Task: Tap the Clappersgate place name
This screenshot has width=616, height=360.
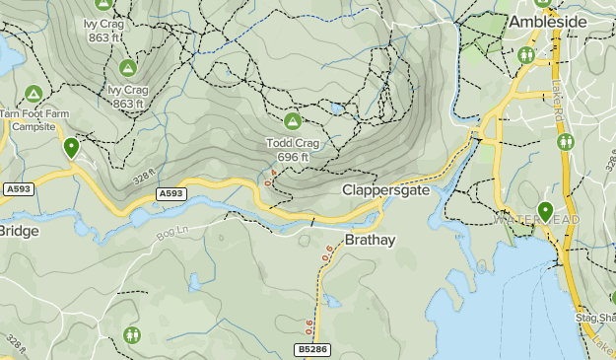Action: tap(386, 189)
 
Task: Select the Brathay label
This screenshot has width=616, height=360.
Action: tap(370, 240)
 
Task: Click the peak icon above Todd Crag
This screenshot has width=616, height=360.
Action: tap(292, 121)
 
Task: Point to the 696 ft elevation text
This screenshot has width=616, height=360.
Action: tap(293, 157)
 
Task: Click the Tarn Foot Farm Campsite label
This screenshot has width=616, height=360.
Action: tap(34, 120)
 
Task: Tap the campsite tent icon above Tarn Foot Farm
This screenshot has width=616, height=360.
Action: tap(33, 94)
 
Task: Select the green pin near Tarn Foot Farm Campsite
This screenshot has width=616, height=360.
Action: tap(71, 148)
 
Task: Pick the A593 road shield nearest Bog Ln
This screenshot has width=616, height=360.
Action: tap(171, 194)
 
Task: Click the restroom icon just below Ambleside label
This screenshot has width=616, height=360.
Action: tap(525, 55)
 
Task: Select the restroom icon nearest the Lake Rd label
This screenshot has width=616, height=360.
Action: tap(566, 141)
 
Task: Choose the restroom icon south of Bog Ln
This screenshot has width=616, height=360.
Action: tap(132, 335)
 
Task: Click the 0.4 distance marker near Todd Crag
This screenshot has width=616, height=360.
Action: tap(273, 178)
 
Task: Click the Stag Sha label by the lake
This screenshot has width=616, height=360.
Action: tap(594, 318)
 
